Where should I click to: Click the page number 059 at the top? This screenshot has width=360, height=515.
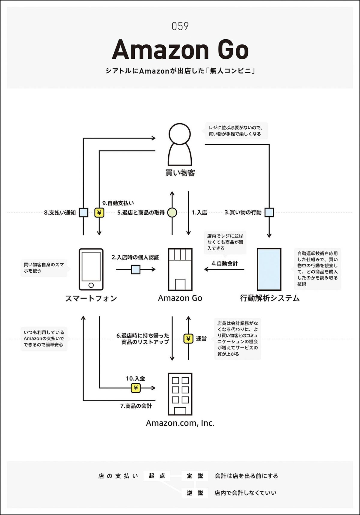(x=180, y=26)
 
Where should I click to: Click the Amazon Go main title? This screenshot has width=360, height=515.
(x=180, y=50)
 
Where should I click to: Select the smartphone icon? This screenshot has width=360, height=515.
(x=91, y=269)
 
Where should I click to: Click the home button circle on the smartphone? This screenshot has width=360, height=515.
(x=91, y=285)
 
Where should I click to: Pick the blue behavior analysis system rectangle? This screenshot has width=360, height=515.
(x=269, y=269)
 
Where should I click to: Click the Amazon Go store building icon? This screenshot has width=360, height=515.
(x=180, y=269)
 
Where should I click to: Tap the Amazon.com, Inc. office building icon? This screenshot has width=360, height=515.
(x=180, y=394)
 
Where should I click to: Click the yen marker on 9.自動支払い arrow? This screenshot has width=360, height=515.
(x=99, y=213)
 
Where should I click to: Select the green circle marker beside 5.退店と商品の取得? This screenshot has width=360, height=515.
(x=172, y=213)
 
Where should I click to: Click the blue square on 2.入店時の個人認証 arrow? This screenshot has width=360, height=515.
(x=136, y=269)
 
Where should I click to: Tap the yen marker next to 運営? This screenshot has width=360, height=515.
(x=188, y=339)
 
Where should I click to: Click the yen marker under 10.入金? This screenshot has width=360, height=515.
(x=136, y=388)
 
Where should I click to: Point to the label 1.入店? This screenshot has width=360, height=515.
(x=199, y=213)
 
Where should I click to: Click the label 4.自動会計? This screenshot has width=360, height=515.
(x=225, y=263)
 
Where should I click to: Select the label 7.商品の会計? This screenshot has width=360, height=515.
(x=136, y=406)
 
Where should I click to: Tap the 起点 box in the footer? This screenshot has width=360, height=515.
(x=157, y=476)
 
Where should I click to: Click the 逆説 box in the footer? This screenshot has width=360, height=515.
(x=195, y=493)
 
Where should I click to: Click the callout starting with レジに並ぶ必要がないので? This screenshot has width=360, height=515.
(x=235, y=131)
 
